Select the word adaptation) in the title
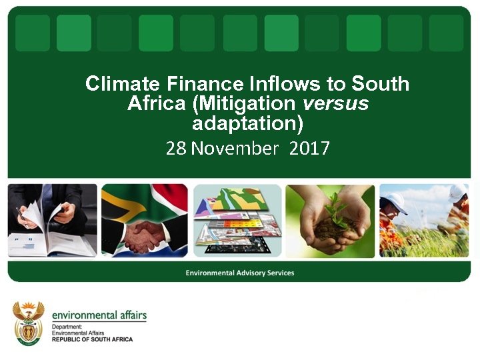(247, 123)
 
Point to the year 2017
(310, 147)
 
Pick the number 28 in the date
(176, 147)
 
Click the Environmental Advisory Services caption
(240, 273)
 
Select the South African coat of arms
(29, 322)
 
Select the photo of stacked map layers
(237, 221)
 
